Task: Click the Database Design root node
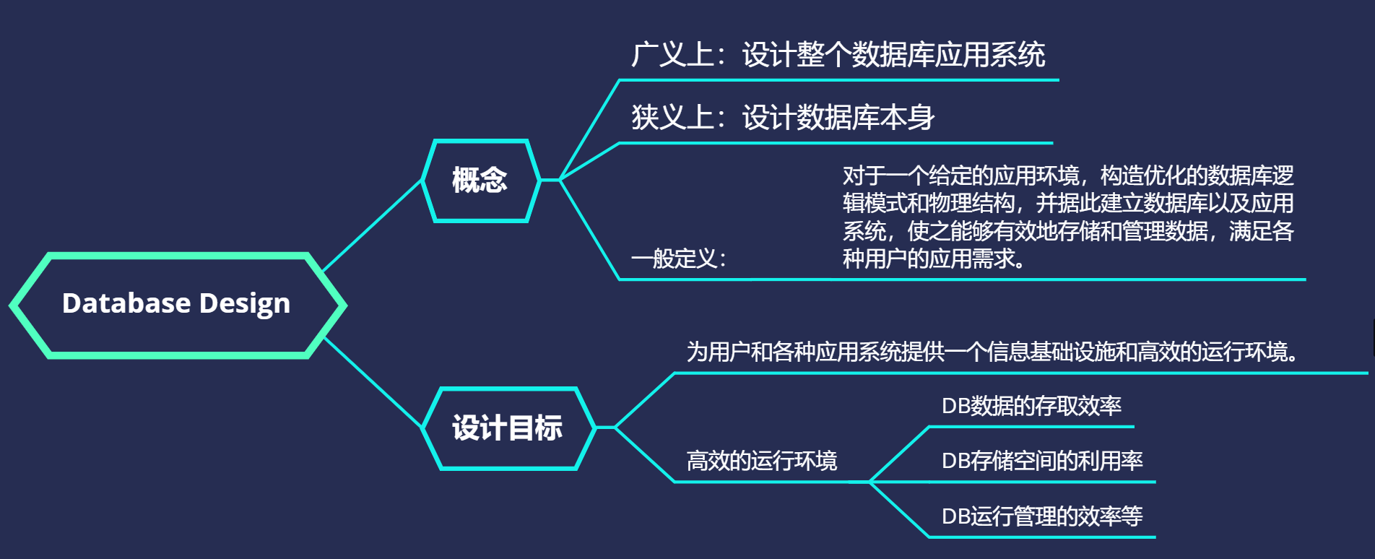click(178, 305)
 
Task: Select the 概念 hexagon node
click(480, 180)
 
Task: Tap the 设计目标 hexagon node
click(508, 428)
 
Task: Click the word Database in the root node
click(126, 303)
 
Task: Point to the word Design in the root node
click(245, 304)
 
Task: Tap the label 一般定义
click(677, 259)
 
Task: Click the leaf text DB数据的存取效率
click(1031, 406)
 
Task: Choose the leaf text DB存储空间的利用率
click(1042, 461)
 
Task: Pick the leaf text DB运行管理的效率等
click(1042, 516)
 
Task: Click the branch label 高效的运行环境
click(761, 461)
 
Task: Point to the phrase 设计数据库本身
click(838, 118)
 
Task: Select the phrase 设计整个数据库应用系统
click(894, 55)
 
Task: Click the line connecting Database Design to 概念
click(372, 225)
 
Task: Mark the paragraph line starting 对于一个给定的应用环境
click(1067, 175)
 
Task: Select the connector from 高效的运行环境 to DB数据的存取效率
click(900, 454)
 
